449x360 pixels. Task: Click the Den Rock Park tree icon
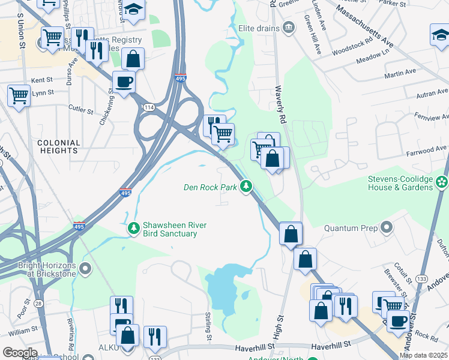[x=246, y=188]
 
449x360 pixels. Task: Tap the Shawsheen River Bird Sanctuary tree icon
[x=134, y=229]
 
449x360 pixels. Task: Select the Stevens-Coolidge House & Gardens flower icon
[x=442, y=182]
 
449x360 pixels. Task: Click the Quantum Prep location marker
[x=386, y=228]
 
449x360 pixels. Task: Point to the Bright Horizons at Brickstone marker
[x=85, y=268]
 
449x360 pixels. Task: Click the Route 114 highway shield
[x=148, y=107]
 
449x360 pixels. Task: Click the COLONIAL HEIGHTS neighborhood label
[x=59, y=147]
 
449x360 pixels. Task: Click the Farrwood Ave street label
[x=429, y=148]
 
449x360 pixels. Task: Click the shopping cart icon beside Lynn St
[x=19, y=95]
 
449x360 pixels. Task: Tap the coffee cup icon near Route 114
[x=124, y=82]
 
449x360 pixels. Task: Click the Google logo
[x=19, y=353]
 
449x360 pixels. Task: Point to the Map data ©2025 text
[x=423, y=355]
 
